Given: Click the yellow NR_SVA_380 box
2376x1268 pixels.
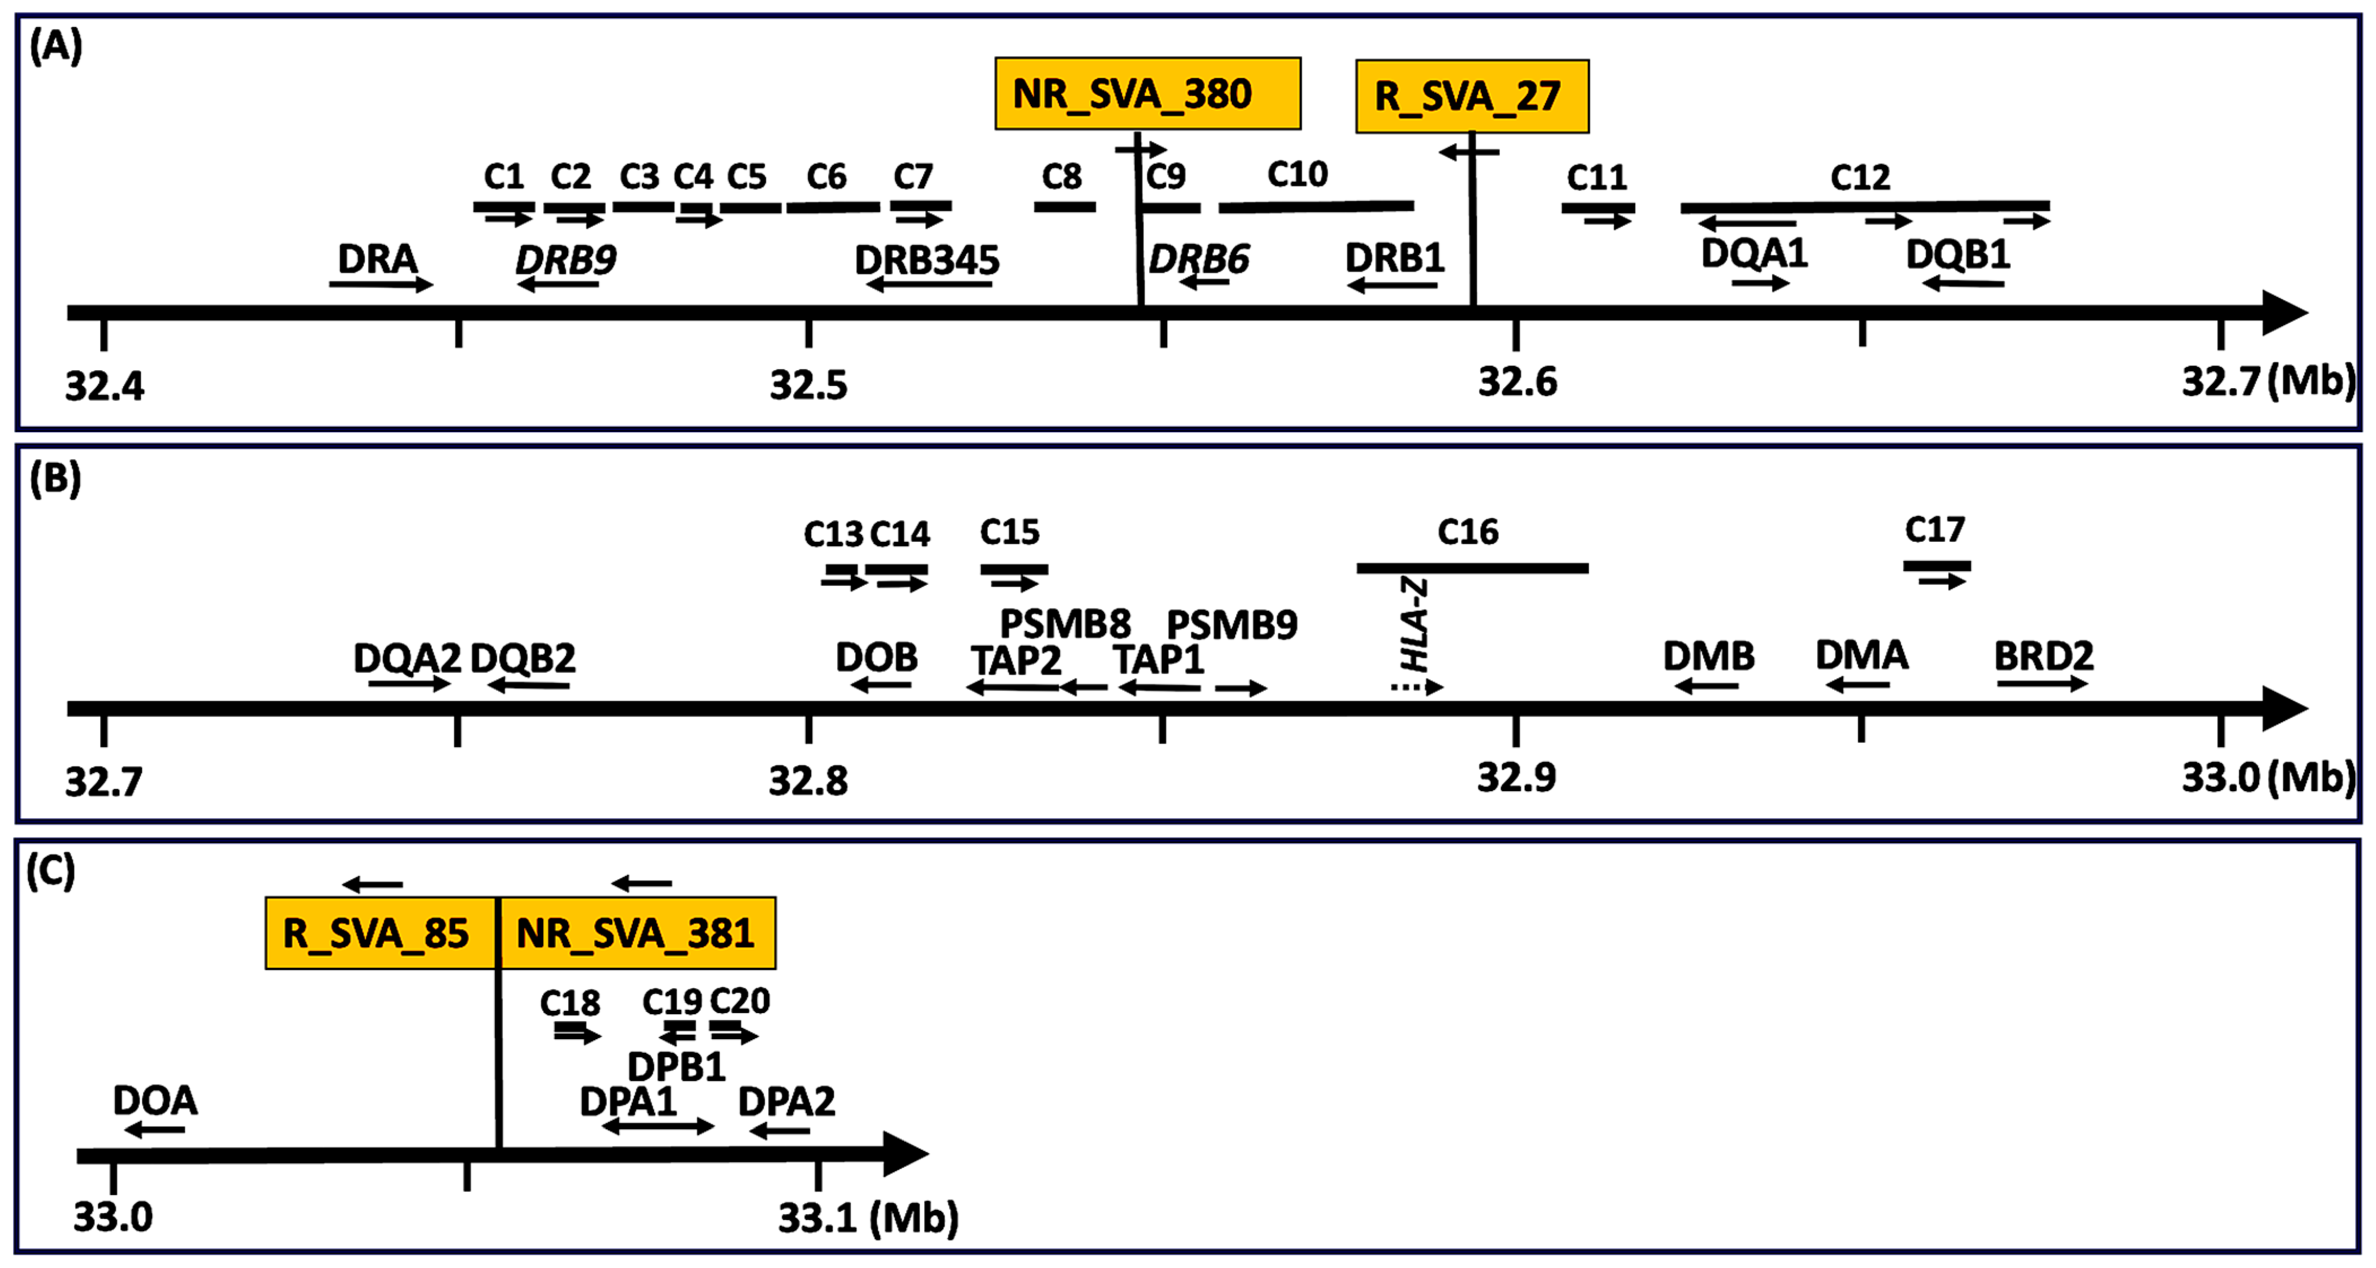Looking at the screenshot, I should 1147,93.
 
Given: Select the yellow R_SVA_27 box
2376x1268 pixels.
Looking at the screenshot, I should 1471,96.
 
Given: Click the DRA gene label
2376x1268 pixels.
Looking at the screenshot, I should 377,259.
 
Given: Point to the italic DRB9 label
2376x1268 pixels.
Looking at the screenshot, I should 565,260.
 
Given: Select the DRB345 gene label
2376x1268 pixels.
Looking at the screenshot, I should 927,260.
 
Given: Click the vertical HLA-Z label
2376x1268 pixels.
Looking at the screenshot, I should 1414,624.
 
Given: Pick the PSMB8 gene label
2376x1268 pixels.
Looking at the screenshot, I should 1065,624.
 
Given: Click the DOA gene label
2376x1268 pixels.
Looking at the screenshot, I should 155,1100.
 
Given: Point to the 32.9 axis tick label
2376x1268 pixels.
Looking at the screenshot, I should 1516,778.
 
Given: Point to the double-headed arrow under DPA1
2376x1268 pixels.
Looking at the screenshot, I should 658,1126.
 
